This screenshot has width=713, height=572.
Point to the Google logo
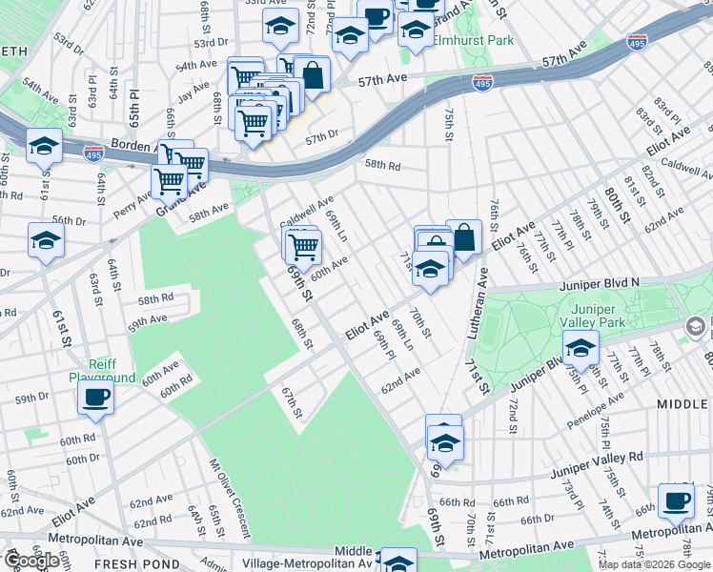coord(31,561)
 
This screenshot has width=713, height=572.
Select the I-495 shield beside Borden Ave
coord(93,153)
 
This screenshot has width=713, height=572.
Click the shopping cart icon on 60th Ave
coord(304,247)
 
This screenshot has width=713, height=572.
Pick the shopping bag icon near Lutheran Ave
coord(463,237)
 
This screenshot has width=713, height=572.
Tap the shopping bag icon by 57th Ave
coord(312,73)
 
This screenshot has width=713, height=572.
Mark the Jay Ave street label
coord(193,90)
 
